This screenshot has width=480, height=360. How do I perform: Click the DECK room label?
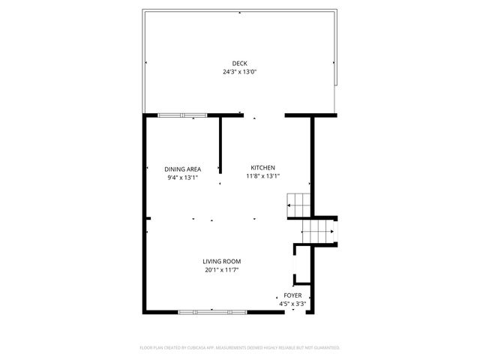coord(239,63)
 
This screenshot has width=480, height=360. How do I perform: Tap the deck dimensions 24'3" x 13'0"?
coord(239,72)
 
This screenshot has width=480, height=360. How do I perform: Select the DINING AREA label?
coord(183,169)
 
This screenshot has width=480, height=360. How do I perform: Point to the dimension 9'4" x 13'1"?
coord(183,178)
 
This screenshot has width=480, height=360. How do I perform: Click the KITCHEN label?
coord(262,167)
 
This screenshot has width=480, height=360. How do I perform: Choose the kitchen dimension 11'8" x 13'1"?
coord(262,176)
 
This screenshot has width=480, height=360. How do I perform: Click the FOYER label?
coord(292,295)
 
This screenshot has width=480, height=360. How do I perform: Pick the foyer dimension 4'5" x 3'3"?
coord(292,304)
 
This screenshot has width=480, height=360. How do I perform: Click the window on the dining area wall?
coord(182,115)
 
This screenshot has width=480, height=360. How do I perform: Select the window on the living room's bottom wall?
coord(212,311)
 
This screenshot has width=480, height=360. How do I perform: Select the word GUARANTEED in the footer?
coord(325,347)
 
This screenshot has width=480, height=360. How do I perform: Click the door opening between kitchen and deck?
coord(262,115)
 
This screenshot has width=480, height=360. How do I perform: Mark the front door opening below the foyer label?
coord(297,312)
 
